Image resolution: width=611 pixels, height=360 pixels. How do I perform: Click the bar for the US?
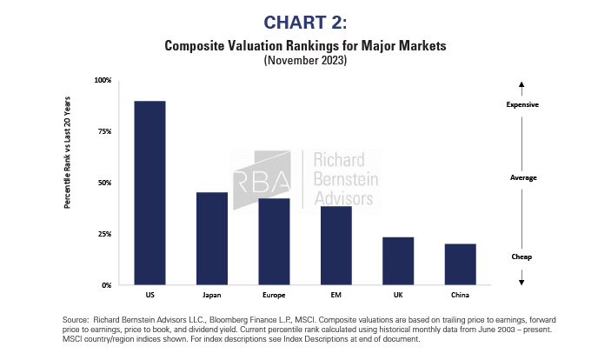149,193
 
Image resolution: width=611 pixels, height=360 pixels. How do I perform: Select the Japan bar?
212,238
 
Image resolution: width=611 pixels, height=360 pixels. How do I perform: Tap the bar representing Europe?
274,242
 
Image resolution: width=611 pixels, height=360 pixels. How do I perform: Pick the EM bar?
335,245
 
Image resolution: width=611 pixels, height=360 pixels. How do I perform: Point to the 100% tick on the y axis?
103,80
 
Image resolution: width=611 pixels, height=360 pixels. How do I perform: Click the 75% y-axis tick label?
104,131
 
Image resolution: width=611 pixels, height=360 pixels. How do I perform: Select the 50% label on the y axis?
104,183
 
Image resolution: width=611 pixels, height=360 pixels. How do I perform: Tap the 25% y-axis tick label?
104,234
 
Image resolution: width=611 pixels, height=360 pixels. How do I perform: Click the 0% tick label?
106,285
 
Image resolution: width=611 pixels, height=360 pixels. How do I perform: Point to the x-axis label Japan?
212,296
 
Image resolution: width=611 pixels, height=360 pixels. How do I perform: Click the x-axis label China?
461,296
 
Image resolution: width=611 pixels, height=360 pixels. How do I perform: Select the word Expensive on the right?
522,104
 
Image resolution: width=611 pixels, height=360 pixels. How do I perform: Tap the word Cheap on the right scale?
521,257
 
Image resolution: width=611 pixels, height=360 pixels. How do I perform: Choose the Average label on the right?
522,177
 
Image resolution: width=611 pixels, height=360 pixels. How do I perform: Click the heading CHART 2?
305,20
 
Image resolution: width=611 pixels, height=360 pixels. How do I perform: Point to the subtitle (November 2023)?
305,62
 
